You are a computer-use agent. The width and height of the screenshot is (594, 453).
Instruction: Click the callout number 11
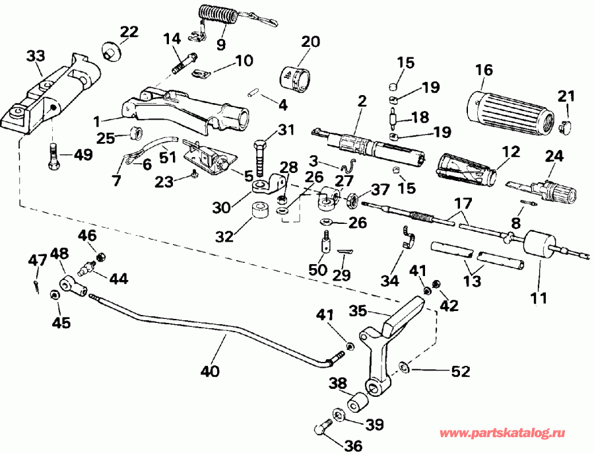[539, 298]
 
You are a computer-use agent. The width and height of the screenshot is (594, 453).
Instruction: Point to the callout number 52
[460, 372]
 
